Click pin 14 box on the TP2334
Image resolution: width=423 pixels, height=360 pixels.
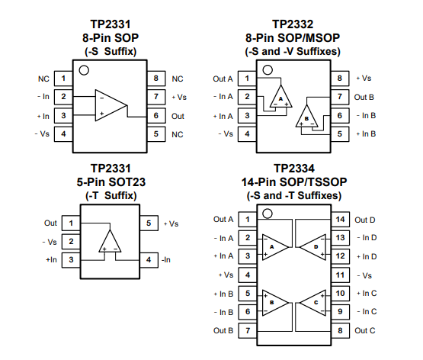tap(340, 219)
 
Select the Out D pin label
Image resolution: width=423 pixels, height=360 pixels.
tap(365, 220)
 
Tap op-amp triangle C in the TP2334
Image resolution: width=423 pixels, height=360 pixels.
tap(313, 303)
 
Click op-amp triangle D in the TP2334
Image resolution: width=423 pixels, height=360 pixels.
tap(313, 247)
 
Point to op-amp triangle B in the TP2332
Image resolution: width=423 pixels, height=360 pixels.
tap(306, 116)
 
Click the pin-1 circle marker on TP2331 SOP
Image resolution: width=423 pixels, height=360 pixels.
tap(84, 70)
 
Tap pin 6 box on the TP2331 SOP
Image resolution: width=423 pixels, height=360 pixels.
tap(156, 115)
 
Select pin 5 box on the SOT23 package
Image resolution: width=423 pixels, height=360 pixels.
tap(149, 223)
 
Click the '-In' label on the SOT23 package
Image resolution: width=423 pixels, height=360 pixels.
tap(166, 260)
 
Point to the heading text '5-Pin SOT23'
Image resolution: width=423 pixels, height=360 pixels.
tap(111, 182)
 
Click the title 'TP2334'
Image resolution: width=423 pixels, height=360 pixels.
tap(294, 169)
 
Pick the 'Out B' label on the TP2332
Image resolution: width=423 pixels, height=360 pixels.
tap(364, 97)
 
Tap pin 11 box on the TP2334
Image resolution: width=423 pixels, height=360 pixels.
tap(340, 275)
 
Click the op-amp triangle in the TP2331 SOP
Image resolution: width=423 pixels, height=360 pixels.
tap(111, 105)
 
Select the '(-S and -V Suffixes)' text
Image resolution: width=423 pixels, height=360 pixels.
tap(293, 51)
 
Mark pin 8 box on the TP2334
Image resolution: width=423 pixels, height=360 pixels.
tap(340, 330)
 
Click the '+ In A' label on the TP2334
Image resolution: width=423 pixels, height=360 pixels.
tap(223, 256)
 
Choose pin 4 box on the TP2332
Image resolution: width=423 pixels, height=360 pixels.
tap(247, 133)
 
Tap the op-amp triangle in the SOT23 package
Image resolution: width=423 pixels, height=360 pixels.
tap(110, 241)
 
